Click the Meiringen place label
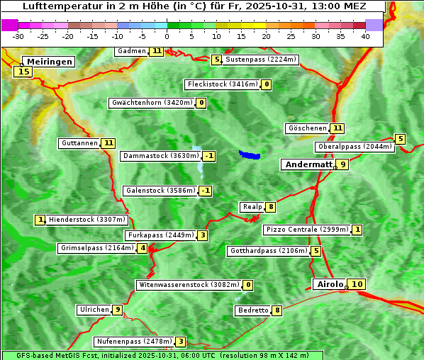(x=48, y=62)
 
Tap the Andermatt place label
(x=308, y=164)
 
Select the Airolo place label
(x=330, y=284)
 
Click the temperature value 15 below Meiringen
(x=23, y=72)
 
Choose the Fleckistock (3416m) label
(x=222, y=85)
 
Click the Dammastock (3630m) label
(x=160, y=156)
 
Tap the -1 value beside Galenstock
(x=206, y=191)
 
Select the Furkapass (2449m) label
(x=160, y=235)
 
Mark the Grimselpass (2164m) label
(x=96, y=248)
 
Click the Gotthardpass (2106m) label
(x=268, y=251)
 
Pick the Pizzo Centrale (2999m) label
(x=307, y=230)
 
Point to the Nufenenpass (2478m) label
(x=134, y=342)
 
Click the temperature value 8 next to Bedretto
(x=277, y=310)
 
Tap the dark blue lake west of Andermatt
(x=250, y=154)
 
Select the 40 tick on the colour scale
(x=365, y=35)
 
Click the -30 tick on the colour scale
(x=18, y=35)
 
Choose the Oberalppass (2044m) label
(x=355, y=147)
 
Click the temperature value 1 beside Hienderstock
(x=40, y=220)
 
